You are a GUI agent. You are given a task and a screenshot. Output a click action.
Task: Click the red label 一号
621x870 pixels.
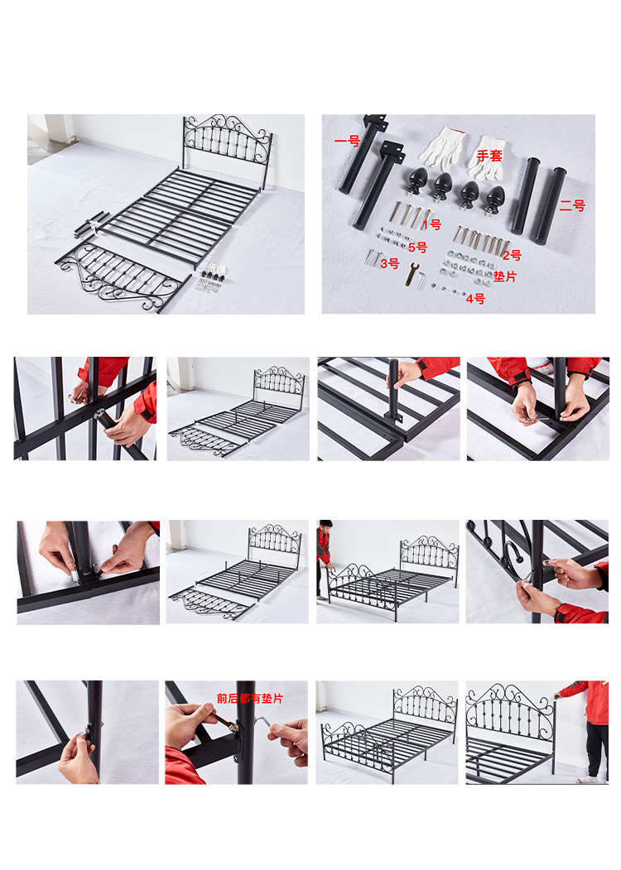point(348,141)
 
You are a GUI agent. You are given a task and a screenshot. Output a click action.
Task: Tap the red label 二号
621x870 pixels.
point(572,206)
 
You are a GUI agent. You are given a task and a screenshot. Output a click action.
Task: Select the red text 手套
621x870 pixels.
point(489,156)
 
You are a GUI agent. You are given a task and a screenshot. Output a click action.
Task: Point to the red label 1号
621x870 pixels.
point(432,224)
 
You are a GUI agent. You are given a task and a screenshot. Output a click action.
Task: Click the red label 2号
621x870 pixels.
point(513,255)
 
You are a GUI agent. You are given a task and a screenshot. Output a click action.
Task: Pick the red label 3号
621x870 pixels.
point(390,263)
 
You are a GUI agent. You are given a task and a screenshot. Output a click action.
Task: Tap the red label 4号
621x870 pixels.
point(475,299)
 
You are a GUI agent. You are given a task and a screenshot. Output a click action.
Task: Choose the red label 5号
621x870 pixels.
point(418,247)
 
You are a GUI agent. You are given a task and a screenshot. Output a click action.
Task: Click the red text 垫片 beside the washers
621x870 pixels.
point(505,276)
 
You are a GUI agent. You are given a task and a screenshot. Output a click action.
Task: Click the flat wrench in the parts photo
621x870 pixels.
point(412,274)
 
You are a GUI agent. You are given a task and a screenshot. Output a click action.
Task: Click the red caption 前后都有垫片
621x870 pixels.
point(250,698)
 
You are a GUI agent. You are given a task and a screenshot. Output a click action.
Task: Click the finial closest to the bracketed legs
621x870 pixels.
point(416,182)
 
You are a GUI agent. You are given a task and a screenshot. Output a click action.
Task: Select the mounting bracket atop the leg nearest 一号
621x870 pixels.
point(375,122)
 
